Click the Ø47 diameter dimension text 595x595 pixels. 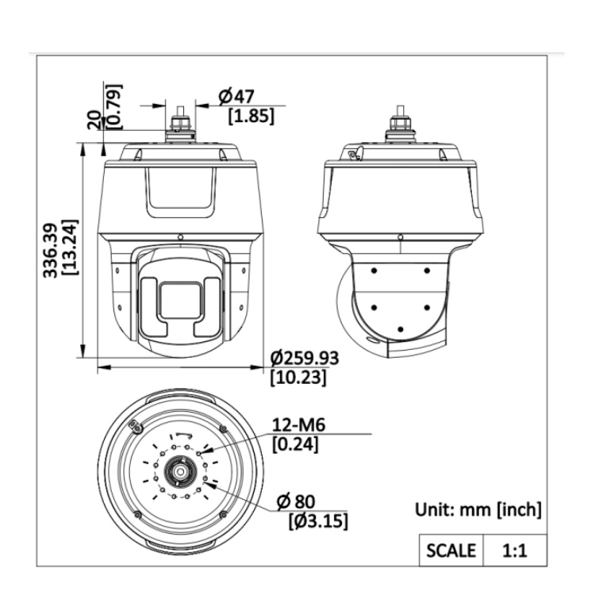[236, 96]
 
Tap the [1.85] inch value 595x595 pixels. [251, 116]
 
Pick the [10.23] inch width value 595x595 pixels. [298, 378]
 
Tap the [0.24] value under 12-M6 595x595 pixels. [294, 444]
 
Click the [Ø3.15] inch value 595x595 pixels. [317, 521]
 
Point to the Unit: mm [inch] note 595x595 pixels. [478, 509]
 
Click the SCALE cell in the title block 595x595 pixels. [451, 550]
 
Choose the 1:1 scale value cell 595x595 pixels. [514, 550]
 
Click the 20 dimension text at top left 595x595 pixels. [95, 119]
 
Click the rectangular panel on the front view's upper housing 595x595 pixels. [179, 192]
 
